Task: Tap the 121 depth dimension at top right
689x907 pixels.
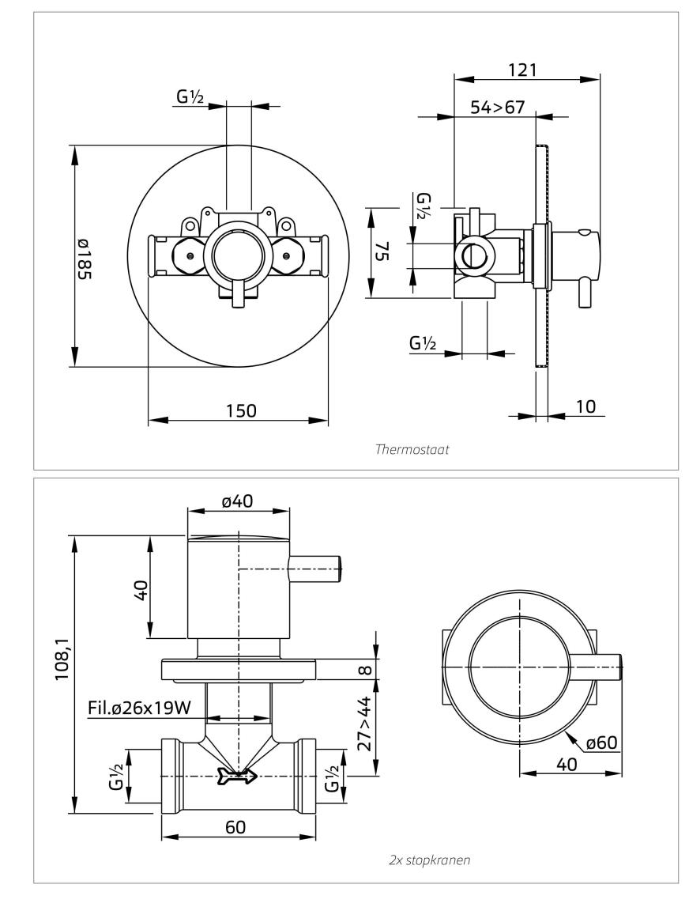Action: pyautogui.click(x=522, y=69)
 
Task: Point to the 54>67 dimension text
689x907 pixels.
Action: pyautogui.click(x=498, y=107)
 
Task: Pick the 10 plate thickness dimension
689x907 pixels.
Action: pyautogui.click(x=585, y=406)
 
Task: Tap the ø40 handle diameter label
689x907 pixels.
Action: pyautogui.click(x=237, y=502)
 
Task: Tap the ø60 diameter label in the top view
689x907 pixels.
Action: pyautogui.click(x=604, y=743)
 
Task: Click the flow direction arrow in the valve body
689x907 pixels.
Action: pyautogui.click(x=237, y=778)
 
